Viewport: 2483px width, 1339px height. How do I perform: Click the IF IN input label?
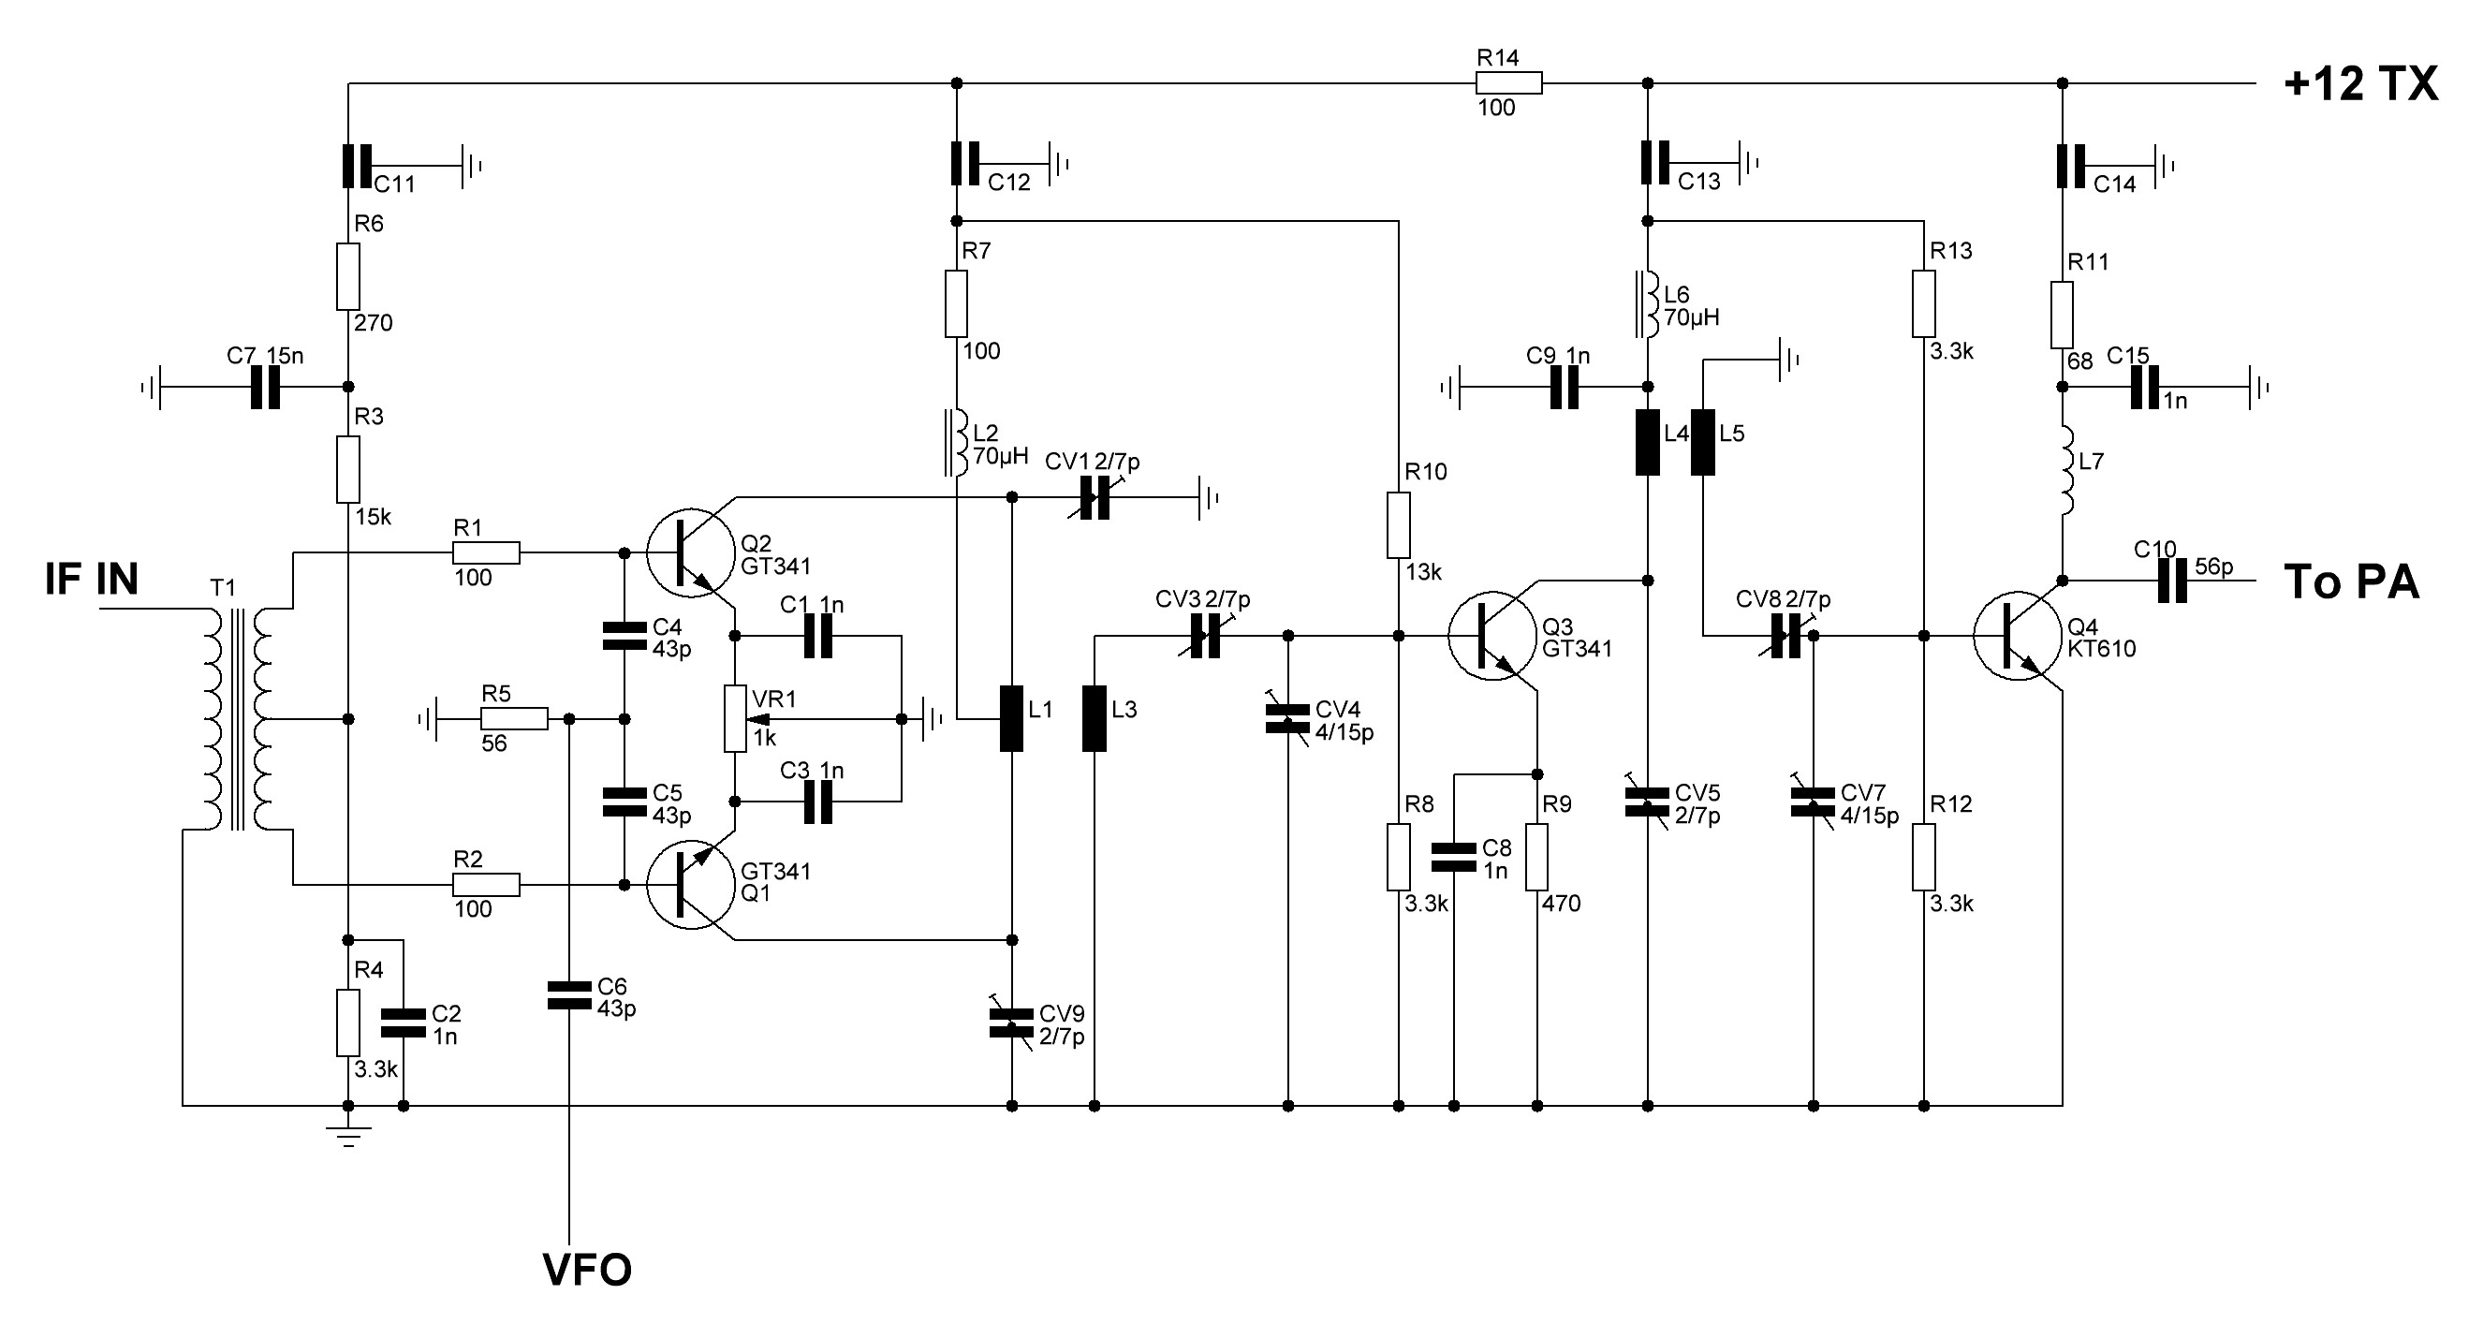(x=92, y=580)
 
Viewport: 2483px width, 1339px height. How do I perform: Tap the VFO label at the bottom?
(x=587, y=1270)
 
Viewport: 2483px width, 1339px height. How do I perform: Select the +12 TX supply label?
(x=2360, y=84)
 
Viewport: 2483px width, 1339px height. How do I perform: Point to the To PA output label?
(x=2352, y=582)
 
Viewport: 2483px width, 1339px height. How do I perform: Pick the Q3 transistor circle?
(x=1492, y=636)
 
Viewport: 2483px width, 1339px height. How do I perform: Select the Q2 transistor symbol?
(x=690, y=553)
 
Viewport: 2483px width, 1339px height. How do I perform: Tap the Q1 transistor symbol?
(x=690, y=885)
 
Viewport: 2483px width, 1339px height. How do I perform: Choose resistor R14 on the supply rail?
(x=1509, y=84)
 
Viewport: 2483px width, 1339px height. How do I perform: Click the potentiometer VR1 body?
(x=736, y=719)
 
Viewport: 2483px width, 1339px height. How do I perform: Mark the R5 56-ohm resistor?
(x=514, y=719)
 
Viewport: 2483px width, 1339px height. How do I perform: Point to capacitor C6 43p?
(x=568, y=995)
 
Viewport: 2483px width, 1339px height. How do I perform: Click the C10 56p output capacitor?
(x=2172, y=581)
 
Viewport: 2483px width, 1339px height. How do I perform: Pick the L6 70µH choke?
(x=1646, y=304)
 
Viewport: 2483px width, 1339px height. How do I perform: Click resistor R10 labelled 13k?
(x=1399, y=525)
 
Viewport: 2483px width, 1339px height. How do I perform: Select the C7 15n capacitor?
(x=265, y=388)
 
